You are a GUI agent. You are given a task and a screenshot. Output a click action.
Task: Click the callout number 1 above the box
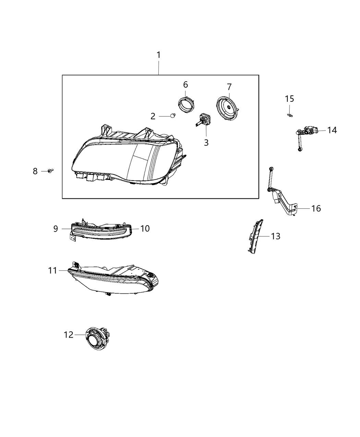pyautogui.click(x=158, y=55)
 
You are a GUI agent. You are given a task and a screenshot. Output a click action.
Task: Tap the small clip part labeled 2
pyautogui.click(x=173, y=116)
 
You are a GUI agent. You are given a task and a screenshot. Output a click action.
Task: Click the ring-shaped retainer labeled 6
pyautogui.click(x=185, y=104)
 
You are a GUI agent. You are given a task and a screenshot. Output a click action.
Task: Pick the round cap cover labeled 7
pyautogui.click(x=228, y=107)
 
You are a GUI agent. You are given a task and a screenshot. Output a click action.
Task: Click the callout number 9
pyautogui.click(x=56, y=229)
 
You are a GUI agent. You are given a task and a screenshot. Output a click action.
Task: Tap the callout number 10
pyautogui.click(x=145, y=229)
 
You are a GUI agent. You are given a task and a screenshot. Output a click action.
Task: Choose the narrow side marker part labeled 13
pyautogui.click(x=255, y=236)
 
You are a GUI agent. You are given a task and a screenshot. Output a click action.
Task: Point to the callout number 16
pyautogui.click(x=316, y=208)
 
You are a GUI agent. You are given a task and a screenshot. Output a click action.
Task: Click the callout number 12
pyautogui.click(x=69, y=335)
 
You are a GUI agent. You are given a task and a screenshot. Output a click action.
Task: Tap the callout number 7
pyautogui.click(x=229, y=86)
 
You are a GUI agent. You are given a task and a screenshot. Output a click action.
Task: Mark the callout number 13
pyautogui.click(x=275, y=236)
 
